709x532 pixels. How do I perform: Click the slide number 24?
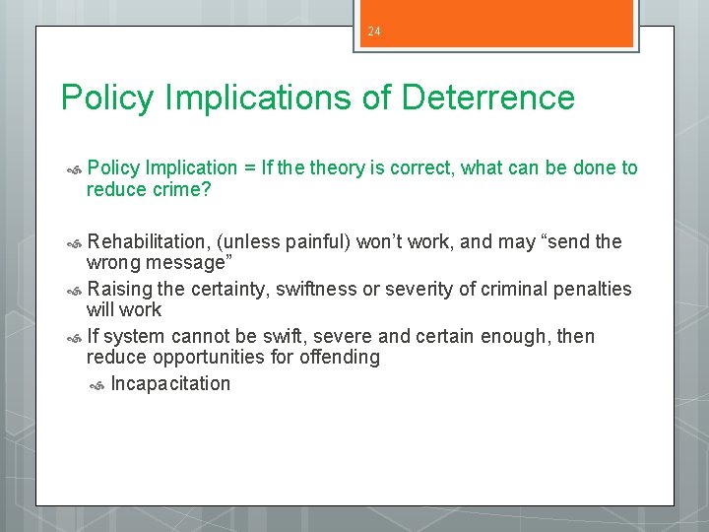(x=374, y=32)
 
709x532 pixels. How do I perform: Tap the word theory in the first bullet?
(x=340, y=167)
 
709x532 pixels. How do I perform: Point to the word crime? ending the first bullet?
(x=181, y=189)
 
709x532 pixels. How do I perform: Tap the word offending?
(x=341, y=358)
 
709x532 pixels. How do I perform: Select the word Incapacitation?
(x=170, y=383)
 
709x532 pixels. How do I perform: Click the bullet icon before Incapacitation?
(x=97, y=385)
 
